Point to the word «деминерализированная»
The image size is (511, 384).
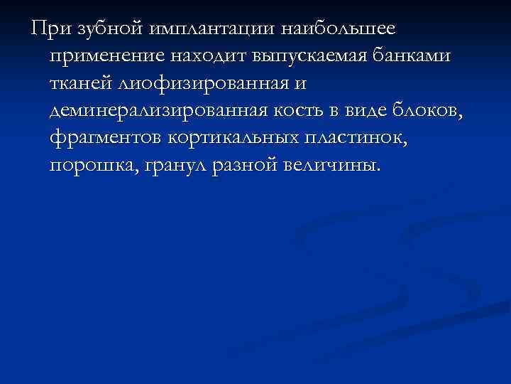(161, 112)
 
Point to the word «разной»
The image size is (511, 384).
(252, 166)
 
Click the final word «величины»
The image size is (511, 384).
(339, 166)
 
